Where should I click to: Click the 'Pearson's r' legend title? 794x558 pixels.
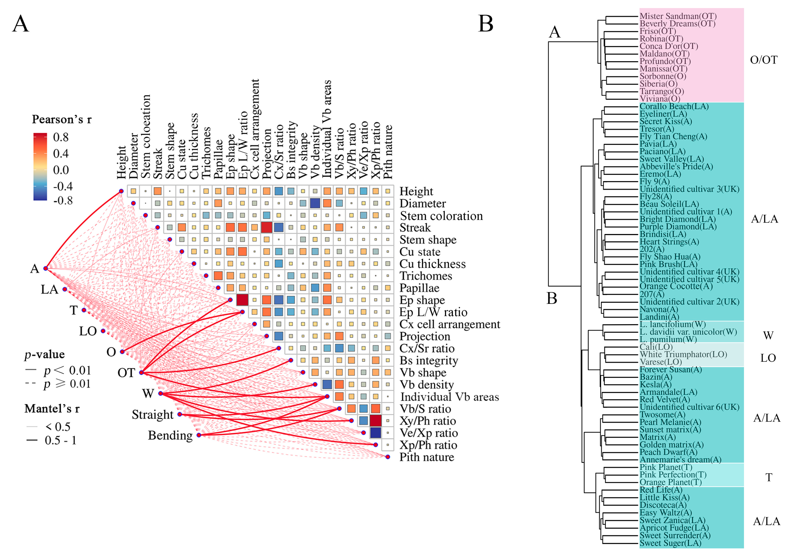pos(61,120)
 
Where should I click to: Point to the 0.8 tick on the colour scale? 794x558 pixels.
pos(61,138)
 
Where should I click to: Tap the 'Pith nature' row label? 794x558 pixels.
pos(427,457)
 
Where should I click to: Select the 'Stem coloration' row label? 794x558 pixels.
pos(441,216)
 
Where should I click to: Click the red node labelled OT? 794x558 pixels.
pos(141,372)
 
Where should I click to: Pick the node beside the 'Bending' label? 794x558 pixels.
pos(199,435)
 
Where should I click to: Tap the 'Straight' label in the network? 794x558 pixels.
pos(152,415)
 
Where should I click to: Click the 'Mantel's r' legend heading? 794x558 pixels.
pos(52,409)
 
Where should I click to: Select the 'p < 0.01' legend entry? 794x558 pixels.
pos(67,370)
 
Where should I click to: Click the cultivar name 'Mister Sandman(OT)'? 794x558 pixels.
pos(678,16)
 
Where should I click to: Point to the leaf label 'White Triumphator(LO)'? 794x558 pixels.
pos(683,354)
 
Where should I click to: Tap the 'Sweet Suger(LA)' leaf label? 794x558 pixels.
pos(670,543)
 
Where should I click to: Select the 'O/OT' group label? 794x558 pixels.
pos(763,60)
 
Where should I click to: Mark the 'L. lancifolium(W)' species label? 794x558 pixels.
pos(672,324)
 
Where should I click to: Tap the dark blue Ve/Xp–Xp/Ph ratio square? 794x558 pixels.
pos(375,433)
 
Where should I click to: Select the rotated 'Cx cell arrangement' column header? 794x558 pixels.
pos(254,129)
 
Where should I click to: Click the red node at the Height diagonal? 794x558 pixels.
pos(121,191)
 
